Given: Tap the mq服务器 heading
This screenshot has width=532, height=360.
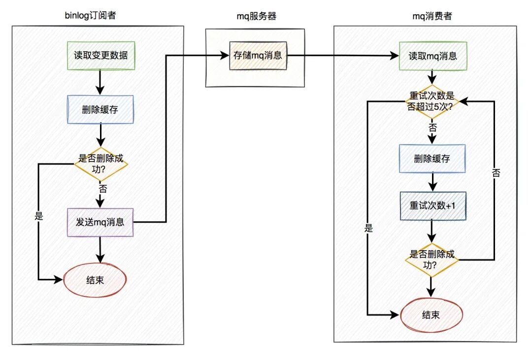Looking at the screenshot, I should [x=256, y=16].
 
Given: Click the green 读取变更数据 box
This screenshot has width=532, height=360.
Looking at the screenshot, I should [x=100, y=56].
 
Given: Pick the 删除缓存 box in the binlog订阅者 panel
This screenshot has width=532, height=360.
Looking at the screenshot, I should [x=100, y=109].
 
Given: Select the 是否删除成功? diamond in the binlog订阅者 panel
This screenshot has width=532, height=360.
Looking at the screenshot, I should [x=100, y=164].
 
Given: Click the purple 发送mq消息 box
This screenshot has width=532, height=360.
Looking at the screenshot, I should [x=100, y=222].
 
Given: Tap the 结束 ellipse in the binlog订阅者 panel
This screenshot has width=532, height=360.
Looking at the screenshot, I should [x=95, y=280].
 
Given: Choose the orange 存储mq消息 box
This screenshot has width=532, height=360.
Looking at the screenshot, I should [x=258, y=56].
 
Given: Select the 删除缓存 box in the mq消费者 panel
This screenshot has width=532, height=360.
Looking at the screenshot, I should [x=432, y=159].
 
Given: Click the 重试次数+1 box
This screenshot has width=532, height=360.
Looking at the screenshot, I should [x=432, y=205].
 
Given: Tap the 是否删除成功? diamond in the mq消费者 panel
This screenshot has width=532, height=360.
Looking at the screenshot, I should [x=432, y=260].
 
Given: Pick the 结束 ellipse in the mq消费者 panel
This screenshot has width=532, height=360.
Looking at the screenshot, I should [x=432, y=315].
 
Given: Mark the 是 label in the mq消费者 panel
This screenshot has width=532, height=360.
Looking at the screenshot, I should [x=368, y=229].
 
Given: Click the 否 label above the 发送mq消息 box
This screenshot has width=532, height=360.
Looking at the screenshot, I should [x=101, y=189].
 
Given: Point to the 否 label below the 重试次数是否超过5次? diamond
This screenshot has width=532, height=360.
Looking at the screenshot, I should [x=432, y=128].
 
